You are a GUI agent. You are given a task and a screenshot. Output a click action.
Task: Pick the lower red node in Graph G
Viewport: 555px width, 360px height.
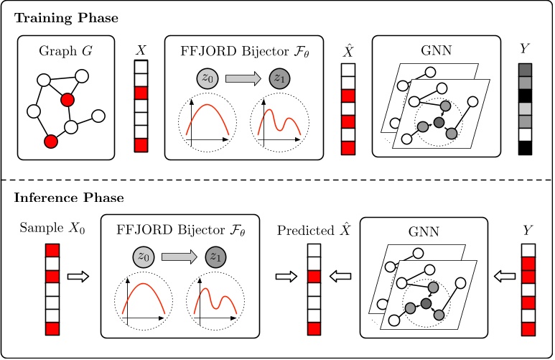click(50, 142)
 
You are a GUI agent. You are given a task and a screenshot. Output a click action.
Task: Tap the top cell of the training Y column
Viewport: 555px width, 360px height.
click(524, 70)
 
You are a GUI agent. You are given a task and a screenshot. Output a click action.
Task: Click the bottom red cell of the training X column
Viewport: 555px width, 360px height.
click(141, 145)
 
